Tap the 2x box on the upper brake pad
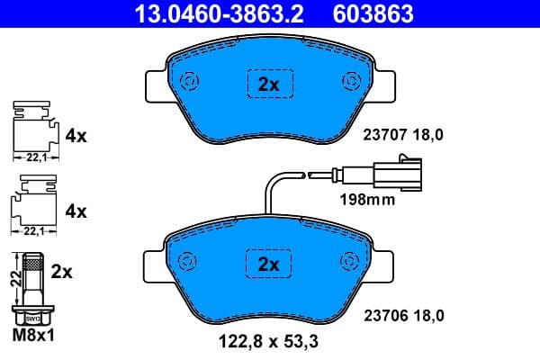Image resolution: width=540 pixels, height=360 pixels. [269, 85]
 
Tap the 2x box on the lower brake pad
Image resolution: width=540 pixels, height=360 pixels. [269, 264]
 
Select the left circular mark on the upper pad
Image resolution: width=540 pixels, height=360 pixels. [189, 81]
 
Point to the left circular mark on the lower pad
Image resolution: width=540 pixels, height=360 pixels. [189, 260]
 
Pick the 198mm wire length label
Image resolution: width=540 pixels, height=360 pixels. [366, 200]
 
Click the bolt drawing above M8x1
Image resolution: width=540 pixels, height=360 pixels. [32, 290]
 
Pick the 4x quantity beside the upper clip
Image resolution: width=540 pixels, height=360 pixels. [76, 137]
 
